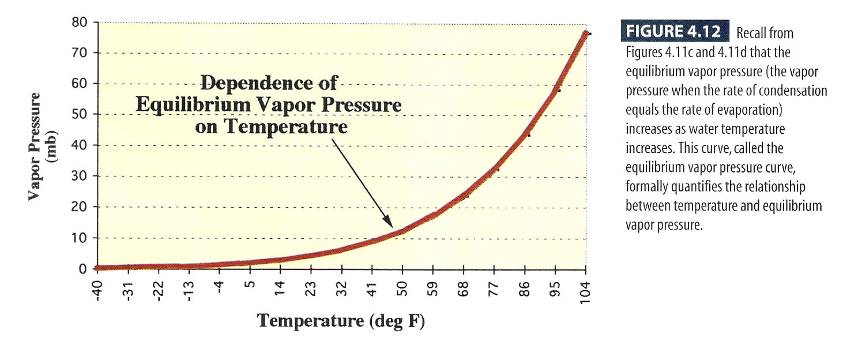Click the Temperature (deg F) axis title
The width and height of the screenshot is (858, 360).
tap(341, 321)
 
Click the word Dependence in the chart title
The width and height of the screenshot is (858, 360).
tap(268, 83)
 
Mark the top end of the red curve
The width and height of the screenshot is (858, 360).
tap(585, 33)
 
